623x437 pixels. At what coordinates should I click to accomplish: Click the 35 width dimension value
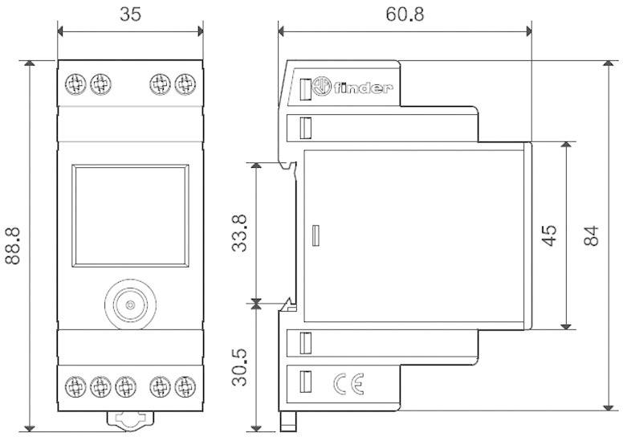(x=131, y=14)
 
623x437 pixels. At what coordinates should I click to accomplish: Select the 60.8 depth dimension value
(x=405, y=14)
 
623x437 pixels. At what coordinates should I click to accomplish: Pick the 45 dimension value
(x=549, y=235)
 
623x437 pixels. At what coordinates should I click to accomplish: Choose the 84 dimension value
(x=591, y=235)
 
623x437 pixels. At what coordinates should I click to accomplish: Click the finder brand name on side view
(x=363, y=88)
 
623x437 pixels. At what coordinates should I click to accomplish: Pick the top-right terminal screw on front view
(x=184, y=83)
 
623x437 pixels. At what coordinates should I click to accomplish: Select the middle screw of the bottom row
(x=124, y=386)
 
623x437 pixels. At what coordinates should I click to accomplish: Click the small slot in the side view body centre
(x=316, y=235)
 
